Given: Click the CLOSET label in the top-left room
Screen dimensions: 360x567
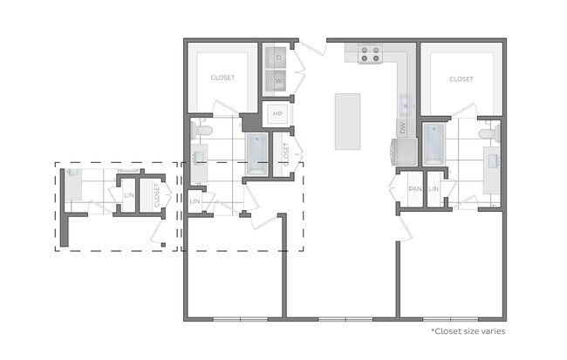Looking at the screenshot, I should pos(222,78).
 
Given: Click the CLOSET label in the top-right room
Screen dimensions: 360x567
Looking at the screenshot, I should pos(461,78).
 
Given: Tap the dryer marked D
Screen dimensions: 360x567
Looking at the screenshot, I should pos(278,58).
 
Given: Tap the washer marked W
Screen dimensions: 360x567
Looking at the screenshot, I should pos(278,81).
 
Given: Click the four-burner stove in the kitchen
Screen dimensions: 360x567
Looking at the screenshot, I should pos(370,54).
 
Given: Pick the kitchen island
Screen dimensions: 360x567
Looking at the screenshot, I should pos(347,121).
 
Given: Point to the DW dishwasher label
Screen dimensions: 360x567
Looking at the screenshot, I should pos(403,127).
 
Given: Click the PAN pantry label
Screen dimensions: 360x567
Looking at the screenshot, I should pos(415,189).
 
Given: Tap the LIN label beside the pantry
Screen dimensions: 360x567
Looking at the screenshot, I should pos(434,189).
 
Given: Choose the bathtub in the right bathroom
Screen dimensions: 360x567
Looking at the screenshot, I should pos(434,144).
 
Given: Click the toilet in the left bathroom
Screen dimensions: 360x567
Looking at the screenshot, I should pos(202,131).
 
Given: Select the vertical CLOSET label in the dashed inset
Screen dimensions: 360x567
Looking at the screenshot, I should pos(157,195).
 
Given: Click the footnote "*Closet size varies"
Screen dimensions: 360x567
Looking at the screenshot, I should pos(468,331).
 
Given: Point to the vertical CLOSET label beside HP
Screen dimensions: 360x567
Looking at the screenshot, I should pos(285,153).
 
